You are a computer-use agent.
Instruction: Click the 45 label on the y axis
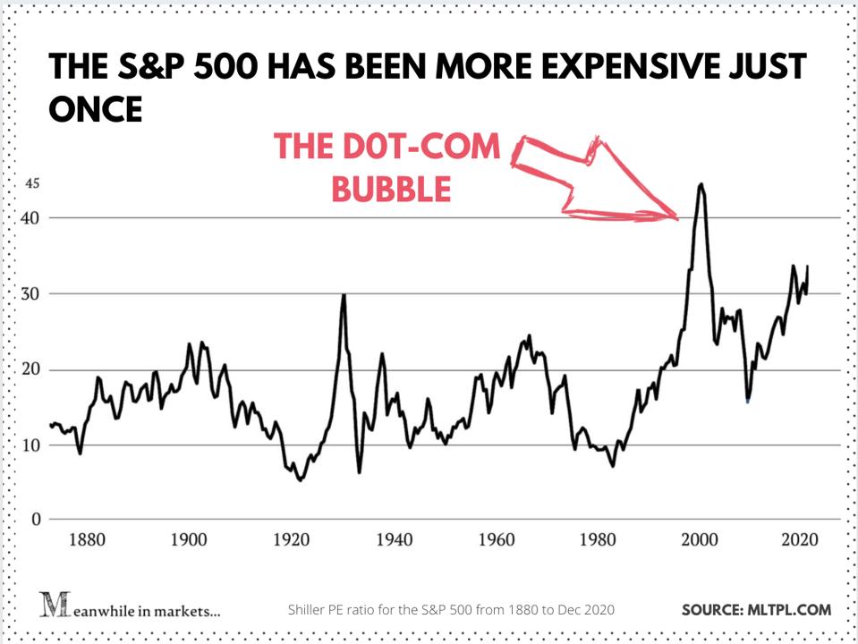coord(33,184)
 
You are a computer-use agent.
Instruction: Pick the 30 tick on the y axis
coord(33,294)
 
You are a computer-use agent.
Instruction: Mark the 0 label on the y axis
coord(37,520)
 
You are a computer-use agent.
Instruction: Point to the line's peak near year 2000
coord(701,185)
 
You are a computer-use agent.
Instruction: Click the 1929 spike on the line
coord(344,295)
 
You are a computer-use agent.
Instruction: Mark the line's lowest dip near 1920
coord(301,480)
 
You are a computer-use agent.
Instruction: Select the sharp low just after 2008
coord(748,401)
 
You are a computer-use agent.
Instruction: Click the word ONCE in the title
coord(95,110)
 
